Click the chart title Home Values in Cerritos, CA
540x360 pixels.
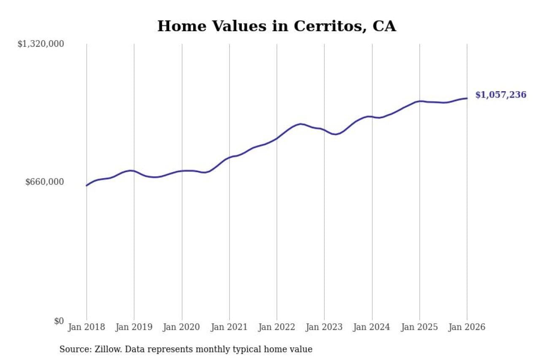pos(276,26)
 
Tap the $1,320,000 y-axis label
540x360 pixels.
pos(40,44)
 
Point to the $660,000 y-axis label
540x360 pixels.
pos(45,182)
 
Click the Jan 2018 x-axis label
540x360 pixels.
pos(86,328)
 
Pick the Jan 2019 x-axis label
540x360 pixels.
pos(134,328)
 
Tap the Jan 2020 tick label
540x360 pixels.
pos(182,328)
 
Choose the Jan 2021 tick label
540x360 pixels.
pos(229,328)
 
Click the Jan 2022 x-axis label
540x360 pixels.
pos(277,328)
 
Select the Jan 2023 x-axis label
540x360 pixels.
pos(324,328)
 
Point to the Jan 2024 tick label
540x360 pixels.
pos(372,328)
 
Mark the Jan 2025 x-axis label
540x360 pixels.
pos(419,328)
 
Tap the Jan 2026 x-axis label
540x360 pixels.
pos(467,328)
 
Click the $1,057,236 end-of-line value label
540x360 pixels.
pos(501,95)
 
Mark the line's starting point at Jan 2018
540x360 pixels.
pos(86,186)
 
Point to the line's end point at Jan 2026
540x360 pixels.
pos(467,98)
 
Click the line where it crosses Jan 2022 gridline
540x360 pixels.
pos(277,138)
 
